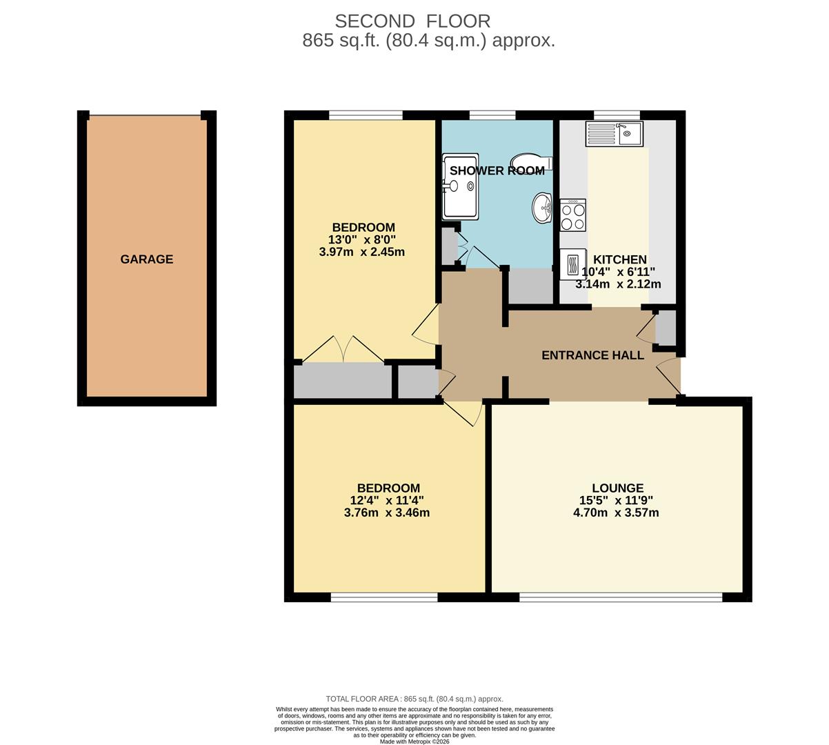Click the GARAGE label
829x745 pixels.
(x=146, y=259)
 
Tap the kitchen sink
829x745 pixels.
(x=614, y=134)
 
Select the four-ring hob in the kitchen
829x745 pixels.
(x=572, y=215)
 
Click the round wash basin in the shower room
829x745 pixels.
(x=542, y=207)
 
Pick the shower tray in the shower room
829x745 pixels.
(x=460, y=186)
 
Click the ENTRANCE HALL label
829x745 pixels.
(x=592, y=355)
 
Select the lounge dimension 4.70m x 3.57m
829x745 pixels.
(x=616, y=513)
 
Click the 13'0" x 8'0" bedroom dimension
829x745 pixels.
(x=363, y=240)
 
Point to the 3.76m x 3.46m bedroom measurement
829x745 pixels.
(x=386, y=513)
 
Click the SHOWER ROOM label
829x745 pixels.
(x=497, y=170)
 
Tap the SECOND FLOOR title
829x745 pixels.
(x=412, y=21)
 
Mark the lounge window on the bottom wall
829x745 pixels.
(x=621, y=597)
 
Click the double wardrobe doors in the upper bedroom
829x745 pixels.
(x=343, y=349)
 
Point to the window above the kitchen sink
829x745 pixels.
(x=617, y=115)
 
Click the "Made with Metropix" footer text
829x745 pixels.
(x=414, y=742)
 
